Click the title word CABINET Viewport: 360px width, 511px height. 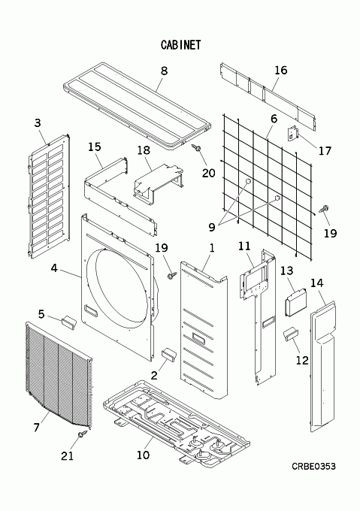(181, 44)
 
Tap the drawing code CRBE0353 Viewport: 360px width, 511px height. (313, 467)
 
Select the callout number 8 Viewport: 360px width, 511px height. (164, 71)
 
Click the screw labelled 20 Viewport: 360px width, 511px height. (196, 148)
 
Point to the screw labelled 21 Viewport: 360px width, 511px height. (83, 434)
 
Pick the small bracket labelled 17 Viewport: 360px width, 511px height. (292, 133)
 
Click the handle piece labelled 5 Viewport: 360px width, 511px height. (68, 322)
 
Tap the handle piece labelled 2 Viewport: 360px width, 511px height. (168, 354)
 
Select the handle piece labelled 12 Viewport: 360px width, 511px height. (290, 334)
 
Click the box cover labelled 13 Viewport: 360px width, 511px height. (296, 302)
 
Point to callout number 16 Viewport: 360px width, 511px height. (281, 70)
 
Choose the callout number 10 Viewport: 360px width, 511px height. (143, 455)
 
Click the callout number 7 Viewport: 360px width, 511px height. (37, 427)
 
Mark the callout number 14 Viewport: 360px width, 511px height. (316, 283)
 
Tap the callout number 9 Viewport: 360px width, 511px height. (212, 227)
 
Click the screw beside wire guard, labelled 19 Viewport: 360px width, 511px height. (325, 209)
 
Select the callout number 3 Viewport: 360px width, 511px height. (38, 122)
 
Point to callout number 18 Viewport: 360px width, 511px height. (144, 150)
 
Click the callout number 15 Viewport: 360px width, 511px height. (95, 147)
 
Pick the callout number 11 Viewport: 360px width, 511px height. (244, 246)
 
